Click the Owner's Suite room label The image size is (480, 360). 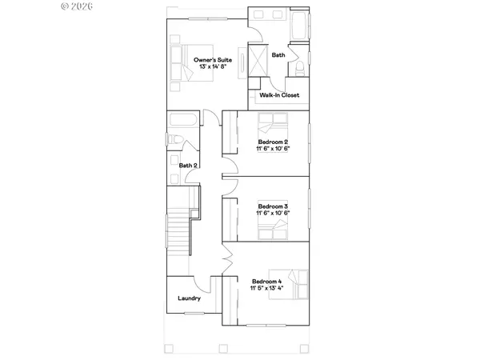click(x=214, y=60)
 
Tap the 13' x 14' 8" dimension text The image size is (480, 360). click(x=214, y=67)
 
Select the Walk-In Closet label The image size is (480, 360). click(x=279, y=95)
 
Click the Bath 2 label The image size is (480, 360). click(x=188, y=166)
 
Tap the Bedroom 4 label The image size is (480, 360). click(x=268, y=282)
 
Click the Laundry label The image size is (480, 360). click(x=189, y=299)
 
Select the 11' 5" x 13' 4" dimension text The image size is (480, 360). click(x=268, y=289)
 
